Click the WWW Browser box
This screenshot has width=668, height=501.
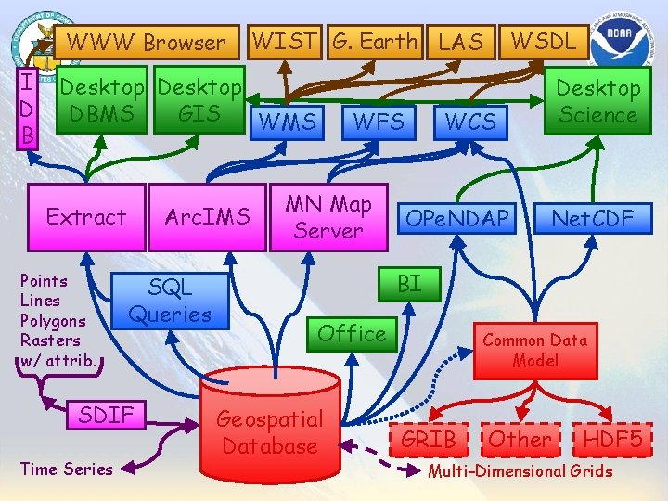pos(146,42)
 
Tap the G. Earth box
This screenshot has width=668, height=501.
pos(376,41)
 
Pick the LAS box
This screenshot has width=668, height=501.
pos(461,41)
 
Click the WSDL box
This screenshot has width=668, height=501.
pos(544,41)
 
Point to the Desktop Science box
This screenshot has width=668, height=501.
pos(597,101)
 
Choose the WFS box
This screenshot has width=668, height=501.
pos(379,121)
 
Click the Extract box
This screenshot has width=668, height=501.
pos(86,217)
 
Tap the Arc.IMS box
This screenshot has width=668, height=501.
pos(207,217)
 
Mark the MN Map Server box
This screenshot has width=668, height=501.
pos(328,217)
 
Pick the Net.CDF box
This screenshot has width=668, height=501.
pos(592,218)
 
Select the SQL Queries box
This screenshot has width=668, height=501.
pos(170,300)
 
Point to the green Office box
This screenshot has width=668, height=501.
pos(352,333)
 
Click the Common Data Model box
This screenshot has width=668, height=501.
pos(535,350)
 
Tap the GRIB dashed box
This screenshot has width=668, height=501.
pos(428,439)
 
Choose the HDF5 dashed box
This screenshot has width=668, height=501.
pos(613,439)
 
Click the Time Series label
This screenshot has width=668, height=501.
pos(66,469)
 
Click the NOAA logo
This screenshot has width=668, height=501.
pos(627,41)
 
